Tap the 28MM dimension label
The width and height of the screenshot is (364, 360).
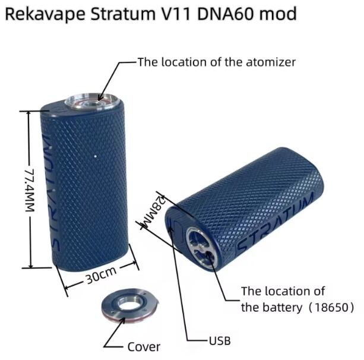click(149, 214)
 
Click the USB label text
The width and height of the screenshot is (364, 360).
click(219, 341)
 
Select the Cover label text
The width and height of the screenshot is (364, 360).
click(145, 346)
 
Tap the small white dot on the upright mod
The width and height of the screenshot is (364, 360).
click(95, 156)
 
